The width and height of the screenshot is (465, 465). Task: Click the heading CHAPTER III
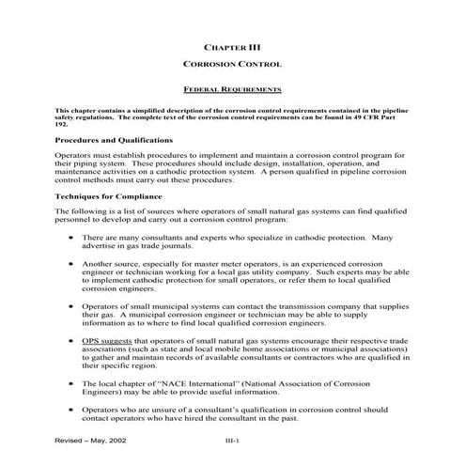coord(232,44)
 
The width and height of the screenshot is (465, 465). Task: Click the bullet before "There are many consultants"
coord(72,239)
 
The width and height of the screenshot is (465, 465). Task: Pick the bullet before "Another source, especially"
coord(72,266)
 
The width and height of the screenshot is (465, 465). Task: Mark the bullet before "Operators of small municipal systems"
coord(72,306)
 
